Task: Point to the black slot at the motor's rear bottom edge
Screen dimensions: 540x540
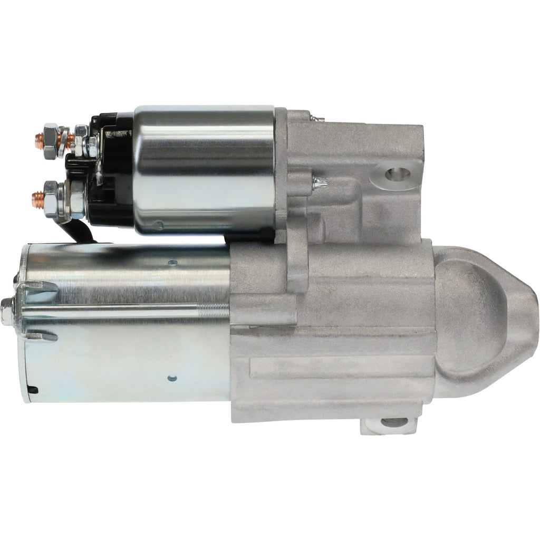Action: pyautogui.click(x=32, y=390)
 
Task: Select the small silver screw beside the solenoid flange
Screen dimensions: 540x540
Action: pyautogui.click(x=319, y=182)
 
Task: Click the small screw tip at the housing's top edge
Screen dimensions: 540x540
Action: pyautogui.click(x=313, y=121)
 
